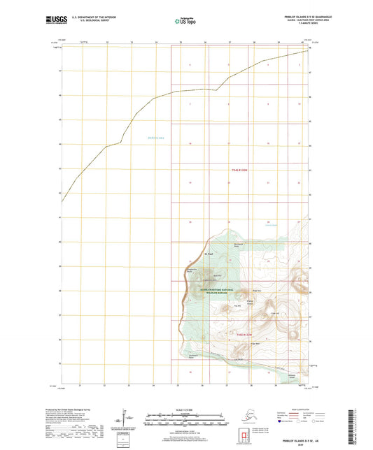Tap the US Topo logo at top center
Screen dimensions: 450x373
(185, 20)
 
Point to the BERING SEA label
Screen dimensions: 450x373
(155, 138)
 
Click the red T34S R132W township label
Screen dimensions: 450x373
(239, 170)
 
